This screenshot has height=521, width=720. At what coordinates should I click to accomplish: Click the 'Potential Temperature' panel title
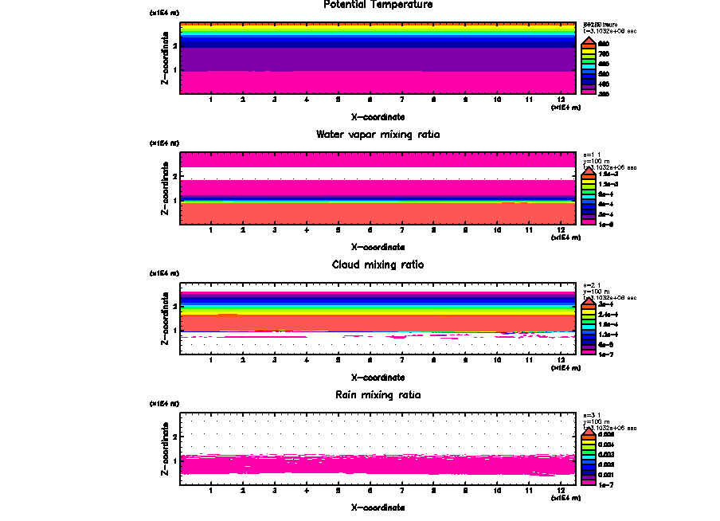[378, 5]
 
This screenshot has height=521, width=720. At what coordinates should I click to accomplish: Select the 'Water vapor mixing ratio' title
[378, 135]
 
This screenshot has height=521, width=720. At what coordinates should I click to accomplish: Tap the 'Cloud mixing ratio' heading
[378, 264]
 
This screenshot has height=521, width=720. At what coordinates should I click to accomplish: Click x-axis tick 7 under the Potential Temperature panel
[402, 100]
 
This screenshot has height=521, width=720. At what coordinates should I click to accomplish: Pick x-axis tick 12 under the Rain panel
[562, 491]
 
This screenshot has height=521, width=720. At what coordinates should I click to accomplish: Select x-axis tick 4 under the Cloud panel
[307, 360]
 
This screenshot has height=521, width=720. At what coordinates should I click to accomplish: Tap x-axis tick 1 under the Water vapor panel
[211, 230]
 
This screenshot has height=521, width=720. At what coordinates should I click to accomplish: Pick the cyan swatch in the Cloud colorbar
[587, 325]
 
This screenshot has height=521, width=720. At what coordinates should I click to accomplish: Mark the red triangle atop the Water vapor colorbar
[587, 170]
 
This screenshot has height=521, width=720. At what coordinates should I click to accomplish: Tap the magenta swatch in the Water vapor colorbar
[587, 223]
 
